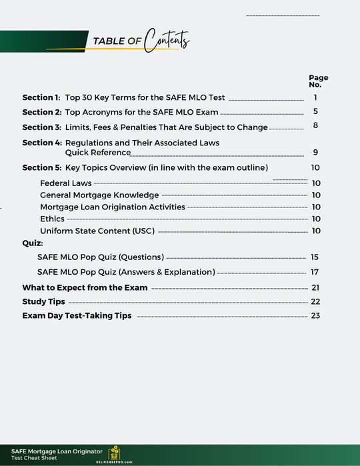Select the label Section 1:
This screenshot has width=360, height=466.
41,97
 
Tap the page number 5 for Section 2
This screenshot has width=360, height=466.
315,112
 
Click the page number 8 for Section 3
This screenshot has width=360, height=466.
315,126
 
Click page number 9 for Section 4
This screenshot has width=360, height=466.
315,153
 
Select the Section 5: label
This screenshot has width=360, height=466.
41,167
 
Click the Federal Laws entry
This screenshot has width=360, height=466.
65,183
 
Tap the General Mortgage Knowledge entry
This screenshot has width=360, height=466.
99,195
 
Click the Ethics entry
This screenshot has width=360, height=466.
52,219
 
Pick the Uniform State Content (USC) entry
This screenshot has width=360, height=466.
97,231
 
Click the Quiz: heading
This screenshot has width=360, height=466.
33,243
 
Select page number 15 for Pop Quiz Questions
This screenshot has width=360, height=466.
315,257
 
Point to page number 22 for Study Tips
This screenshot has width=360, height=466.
315,302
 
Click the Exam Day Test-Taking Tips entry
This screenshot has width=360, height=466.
77,315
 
